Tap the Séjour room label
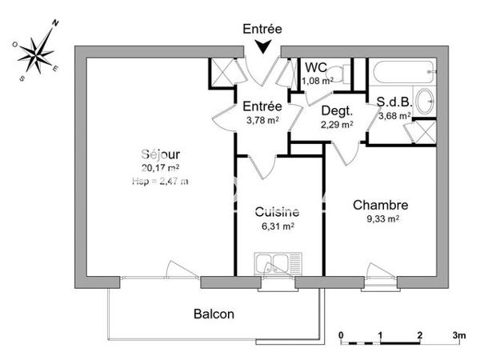click(161, 154)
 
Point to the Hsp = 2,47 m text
click(161, 181)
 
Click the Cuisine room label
click(277, 212)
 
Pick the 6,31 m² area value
click(277, 226)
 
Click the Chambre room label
click(381, 205)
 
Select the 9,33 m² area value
click(381, 218)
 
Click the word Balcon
click(214, 314)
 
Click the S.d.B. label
click(393, 102)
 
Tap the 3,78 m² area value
click(262, 121)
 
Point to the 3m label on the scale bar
click(459, 334)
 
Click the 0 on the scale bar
click(342, 334)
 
